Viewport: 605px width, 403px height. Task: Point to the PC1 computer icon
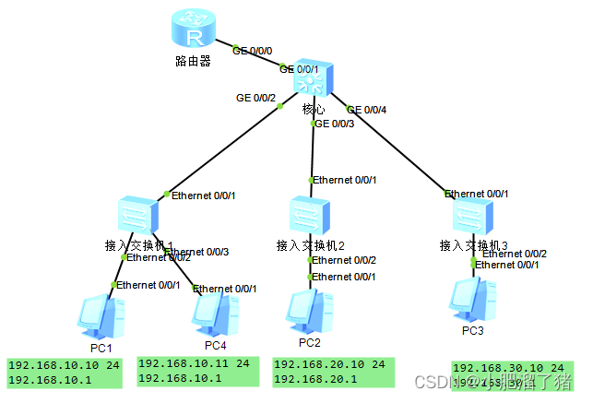coord(99,314)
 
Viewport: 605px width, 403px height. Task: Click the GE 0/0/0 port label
coord(253,52)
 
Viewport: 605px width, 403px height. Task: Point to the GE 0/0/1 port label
coord(300,68)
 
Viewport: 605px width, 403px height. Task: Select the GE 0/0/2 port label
coord(256,97)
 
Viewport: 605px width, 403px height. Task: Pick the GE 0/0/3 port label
coord(335,124)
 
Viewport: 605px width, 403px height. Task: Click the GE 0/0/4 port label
coord(366,110)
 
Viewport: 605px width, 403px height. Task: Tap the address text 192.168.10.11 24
coord(195,364)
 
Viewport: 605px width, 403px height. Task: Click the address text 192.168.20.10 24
coord(329,365)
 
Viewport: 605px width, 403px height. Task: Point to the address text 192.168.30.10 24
coord(508,368)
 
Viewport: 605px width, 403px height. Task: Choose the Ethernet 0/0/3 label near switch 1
coord(196,252)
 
